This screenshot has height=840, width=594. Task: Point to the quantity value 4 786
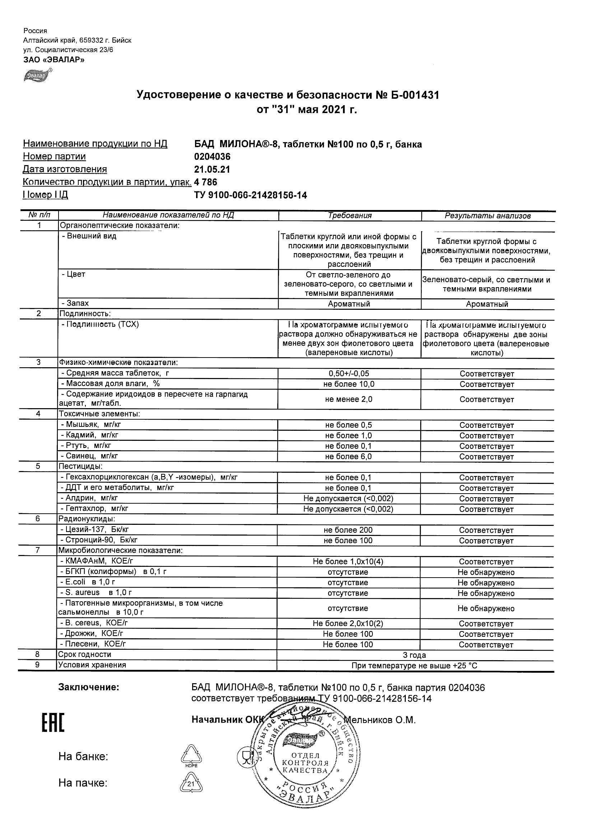point(206,182)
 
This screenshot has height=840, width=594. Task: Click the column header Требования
point(350,216)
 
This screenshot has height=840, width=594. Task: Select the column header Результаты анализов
point(487,216)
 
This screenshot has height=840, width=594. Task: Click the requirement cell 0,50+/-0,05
point(349,374)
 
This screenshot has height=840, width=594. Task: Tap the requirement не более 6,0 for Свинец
point(348,457)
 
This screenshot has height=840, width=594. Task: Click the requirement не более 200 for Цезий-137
point(348,530)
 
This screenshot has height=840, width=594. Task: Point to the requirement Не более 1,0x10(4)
point(348,561)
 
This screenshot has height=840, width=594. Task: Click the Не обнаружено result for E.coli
point(486,583)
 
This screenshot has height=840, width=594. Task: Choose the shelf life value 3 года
point(414,655)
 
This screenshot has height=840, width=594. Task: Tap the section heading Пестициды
point(80,466)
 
